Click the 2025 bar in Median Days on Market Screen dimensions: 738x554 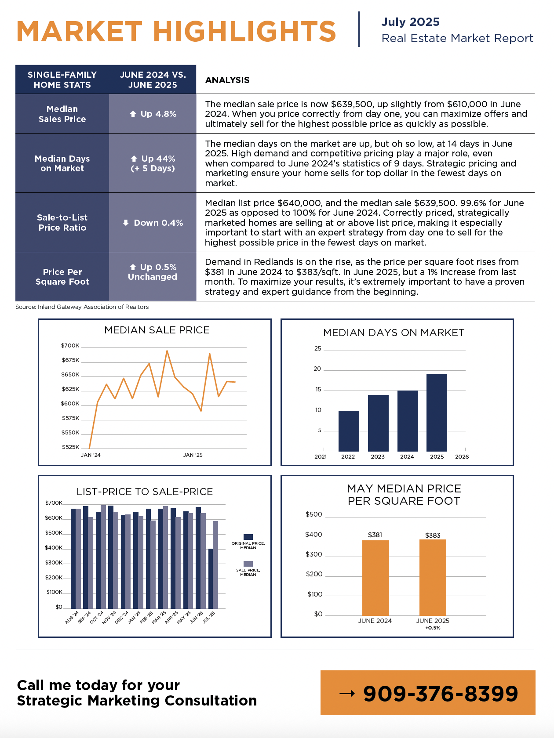coord(437,412)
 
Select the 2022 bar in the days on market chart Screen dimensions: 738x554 coord(349,431)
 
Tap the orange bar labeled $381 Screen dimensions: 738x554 coord(375,578)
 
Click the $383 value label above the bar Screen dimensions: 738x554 coord(433,535)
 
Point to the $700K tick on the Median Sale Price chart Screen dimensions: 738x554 coord(70,346)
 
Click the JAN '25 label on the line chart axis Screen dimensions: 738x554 coord(193,455)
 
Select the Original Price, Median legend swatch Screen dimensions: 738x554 coord(248,537)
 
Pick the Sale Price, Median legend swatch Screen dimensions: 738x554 coord(248,564)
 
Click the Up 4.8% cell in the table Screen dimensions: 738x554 coord(153,114)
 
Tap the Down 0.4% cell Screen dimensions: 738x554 coord(153,223)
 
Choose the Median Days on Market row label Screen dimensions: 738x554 coord(62,163)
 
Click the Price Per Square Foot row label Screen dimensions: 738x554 coord(62,277)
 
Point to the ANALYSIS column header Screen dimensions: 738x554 coord(227,80)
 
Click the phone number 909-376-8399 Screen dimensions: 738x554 coord(441,694)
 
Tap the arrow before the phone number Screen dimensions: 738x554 coord(347,694)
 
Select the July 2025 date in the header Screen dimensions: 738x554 coord(410,22)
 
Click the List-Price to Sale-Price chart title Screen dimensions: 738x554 coord(145,492)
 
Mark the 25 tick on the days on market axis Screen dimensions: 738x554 coord(317,349)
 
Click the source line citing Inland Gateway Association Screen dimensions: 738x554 coord(82,307)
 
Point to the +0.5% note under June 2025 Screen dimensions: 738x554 coord(433,628)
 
